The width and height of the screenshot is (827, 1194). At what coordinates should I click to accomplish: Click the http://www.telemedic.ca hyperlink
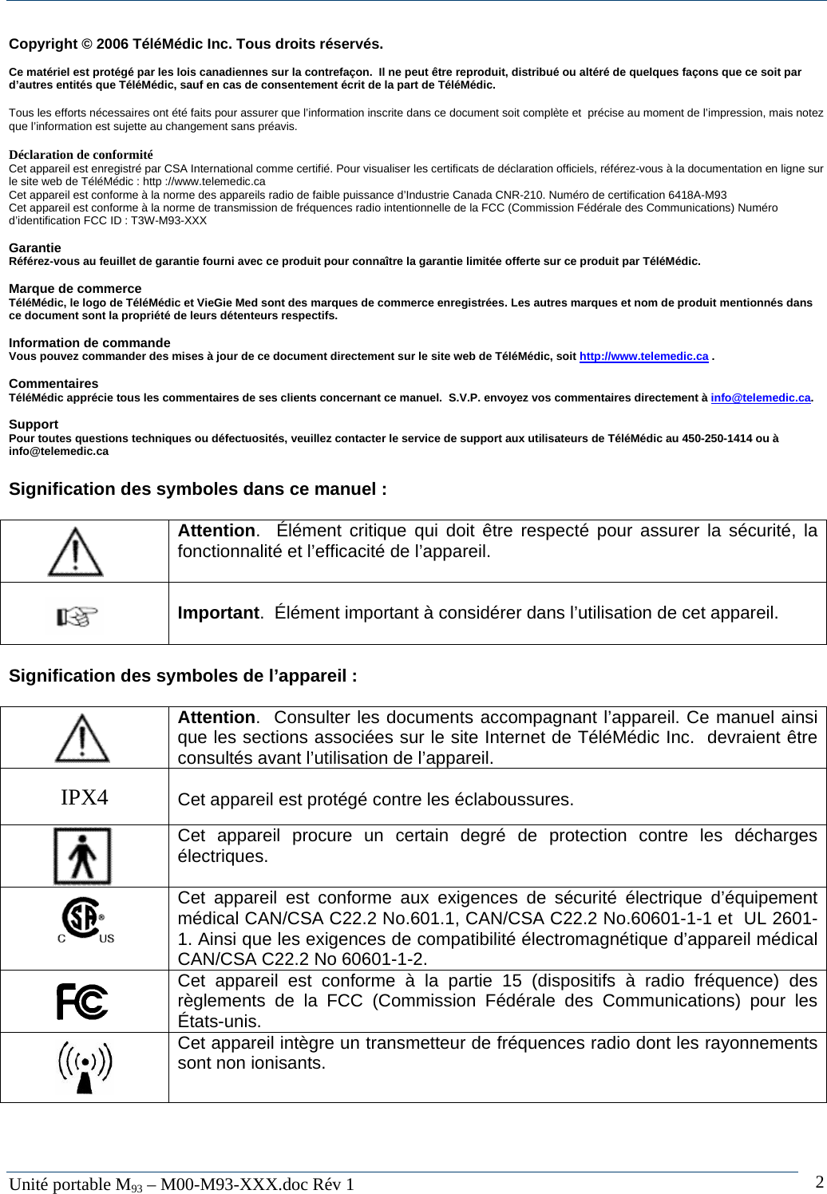click(x=643, y=356)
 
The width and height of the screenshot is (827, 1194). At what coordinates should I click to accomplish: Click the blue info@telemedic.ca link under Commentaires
click(x=761, y=397)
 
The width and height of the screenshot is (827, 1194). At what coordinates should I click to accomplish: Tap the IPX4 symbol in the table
click(x=85, y=797)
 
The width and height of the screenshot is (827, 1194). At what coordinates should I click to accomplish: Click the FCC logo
click(x=82, y=1001)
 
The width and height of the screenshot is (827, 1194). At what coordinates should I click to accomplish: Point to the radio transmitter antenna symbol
click(x=85, y=1068)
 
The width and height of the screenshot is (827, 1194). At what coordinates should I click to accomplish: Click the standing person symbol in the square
click(x=82, y=856)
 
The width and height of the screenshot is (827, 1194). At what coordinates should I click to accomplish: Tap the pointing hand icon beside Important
click(x=77, y=615)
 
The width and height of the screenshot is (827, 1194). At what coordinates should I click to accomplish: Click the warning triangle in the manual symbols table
click(x=75, y=552)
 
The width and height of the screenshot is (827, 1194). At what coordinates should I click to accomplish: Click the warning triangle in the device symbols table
click(x=82, y=738)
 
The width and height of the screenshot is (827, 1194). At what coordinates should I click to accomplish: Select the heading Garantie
click(x=35, y=248)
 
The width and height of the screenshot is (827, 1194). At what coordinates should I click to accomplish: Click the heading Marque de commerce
click(x=75, y=289)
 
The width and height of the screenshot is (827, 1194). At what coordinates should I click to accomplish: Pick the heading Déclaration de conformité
click(x=81, y=155)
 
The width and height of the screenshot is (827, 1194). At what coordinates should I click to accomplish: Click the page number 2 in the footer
click(x=820, y=1182)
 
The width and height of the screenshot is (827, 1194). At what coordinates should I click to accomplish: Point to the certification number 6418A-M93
click(x=697, y=195)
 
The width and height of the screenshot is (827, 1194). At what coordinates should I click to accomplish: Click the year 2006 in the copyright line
click(x=112, y=44)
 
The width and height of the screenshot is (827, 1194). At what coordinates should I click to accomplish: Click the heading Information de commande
click(x=89, y=343)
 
